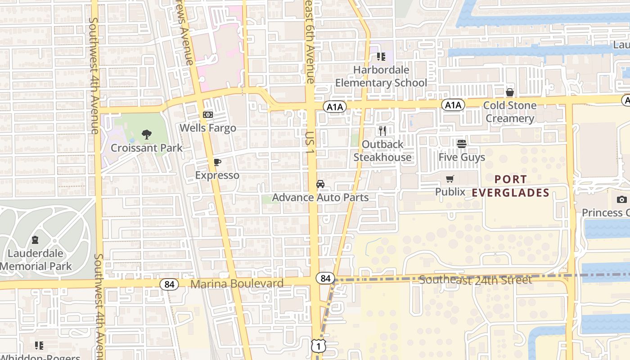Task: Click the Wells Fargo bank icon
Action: coord(208,115)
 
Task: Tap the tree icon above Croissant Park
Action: coord(146,134)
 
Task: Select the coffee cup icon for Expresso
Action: coord(217,162)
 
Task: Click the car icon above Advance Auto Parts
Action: coord(320,184)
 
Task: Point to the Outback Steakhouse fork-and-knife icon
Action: coord(382,131)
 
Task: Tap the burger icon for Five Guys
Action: coord(462,144)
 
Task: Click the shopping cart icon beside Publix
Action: coord(450,179)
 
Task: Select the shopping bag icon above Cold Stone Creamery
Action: coord(510,92)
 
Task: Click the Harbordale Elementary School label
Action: coord(381,76)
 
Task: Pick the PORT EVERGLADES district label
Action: coord(510,186)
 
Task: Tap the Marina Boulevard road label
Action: coord(237,284)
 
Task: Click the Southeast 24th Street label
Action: coord(475,280)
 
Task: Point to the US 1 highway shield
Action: coord(319,346)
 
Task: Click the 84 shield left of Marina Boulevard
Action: coord(169,284)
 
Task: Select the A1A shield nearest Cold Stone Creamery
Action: coord(453,105)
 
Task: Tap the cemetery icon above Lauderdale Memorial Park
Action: coord(35,240)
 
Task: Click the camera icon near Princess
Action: coord(622,199)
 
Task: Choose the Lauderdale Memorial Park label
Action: coord(36,260)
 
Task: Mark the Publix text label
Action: coord(450,192)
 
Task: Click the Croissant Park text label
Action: coord(147,148)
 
